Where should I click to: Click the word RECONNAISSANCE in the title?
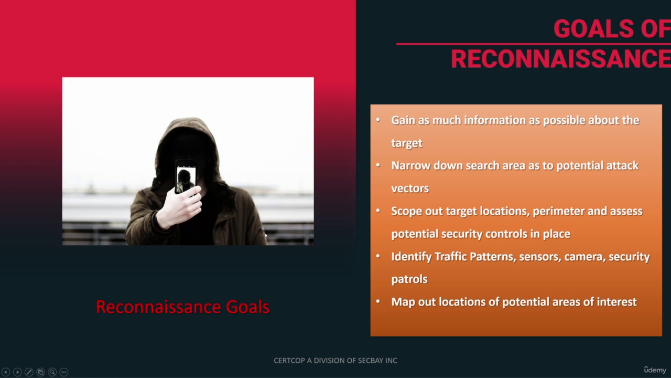pyautogui.click(x=561, y=59)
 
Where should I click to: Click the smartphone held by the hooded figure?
pyautogui.click(x=186, y=177)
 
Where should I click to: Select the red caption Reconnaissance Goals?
pyautogui.click(x=183, y=307)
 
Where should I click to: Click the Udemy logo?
pyautogui.click(x=655, y=370)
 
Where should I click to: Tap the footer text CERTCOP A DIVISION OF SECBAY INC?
pyautogui.click(x=335, y=360)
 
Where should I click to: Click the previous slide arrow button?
pyautogui.click(x=6, y=372)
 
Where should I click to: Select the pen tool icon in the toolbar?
pyautogui.click(x=29, y=372)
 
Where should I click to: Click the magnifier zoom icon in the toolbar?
pyautogui.click(x=52, y=372)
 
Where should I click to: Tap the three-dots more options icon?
pyautogui.click(x=64, y=372)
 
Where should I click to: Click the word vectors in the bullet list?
pyautogui.click(x=410, y=188)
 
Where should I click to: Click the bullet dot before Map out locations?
pyautogui.click(x=378, y=301)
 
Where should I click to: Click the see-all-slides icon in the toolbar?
pyautogui.click(x=40, y=372)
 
